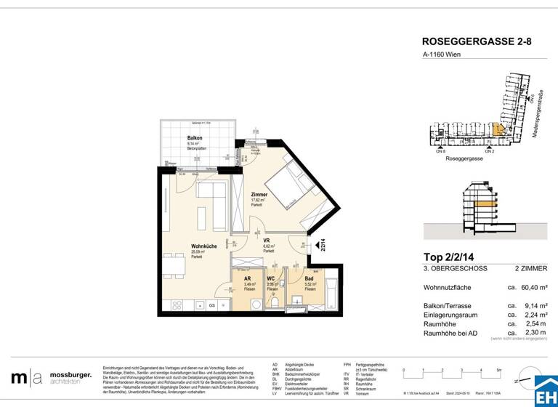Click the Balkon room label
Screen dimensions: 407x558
[x=195, y=137]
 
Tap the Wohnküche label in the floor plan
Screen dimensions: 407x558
[x=203, y=246]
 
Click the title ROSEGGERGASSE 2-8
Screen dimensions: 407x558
[x=477, y=42]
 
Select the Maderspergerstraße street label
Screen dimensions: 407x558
[x=538, y=116]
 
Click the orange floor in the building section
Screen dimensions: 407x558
[x=483, y=205]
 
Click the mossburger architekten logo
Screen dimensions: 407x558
[x=51, y=378]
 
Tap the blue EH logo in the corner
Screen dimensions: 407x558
[x=545, y=392]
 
